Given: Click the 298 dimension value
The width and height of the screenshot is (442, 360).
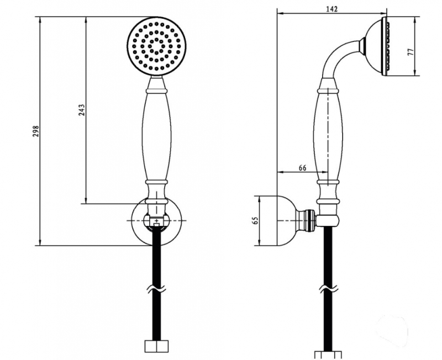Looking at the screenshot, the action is (36, 131).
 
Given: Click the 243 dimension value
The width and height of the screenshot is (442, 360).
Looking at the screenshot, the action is (81, 110).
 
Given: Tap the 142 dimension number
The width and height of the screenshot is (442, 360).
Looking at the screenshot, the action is (332, 9).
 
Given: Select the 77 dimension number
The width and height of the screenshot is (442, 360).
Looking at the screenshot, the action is (411, 51).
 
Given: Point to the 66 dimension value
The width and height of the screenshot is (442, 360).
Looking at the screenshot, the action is (302, 168).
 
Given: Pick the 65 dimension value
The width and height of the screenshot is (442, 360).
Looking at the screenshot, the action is (256, 220).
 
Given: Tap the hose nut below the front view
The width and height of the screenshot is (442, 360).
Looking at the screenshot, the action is (156, 346).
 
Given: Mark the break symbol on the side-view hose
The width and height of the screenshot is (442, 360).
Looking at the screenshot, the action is (328, 288).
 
